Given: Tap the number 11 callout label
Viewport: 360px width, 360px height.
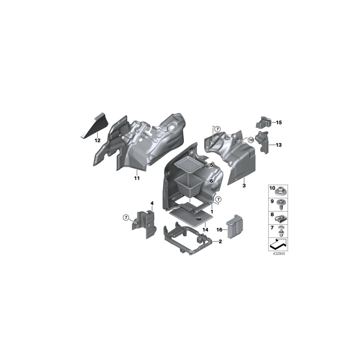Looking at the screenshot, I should pos(137,178).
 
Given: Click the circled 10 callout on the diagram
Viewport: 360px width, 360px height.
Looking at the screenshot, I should pos(251,140).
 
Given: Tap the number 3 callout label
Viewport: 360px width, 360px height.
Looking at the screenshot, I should pos(243,186).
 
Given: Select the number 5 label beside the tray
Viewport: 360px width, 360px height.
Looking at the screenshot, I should pos(212,165).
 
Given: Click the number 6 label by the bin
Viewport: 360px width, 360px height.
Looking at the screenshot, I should pos(212,181).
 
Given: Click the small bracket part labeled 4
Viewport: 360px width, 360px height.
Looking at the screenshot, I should pos(144,222).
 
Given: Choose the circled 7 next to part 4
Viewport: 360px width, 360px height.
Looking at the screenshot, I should pos(126,217).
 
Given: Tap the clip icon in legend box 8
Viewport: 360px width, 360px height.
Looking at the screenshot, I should pos(281,218).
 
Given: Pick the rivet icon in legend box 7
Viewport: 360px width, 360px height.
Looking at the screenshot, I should pos(281,231).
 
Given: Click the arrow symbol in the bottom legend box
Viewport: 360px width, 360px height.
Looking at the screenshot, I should pos(278,244).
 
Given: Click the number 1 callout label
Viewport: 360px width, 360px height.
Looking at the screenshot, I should pos(212,211).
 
